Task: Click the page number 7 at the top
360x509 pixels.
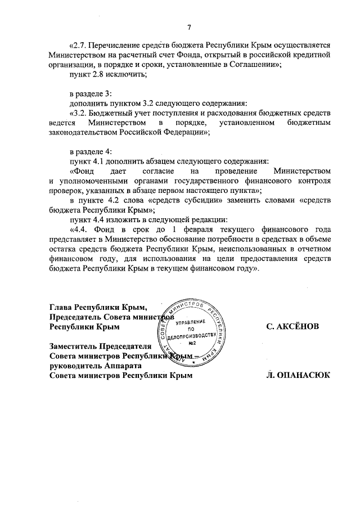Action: pos(189,28)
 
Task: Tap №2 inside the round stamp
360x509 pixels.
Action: pos(191,343)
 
